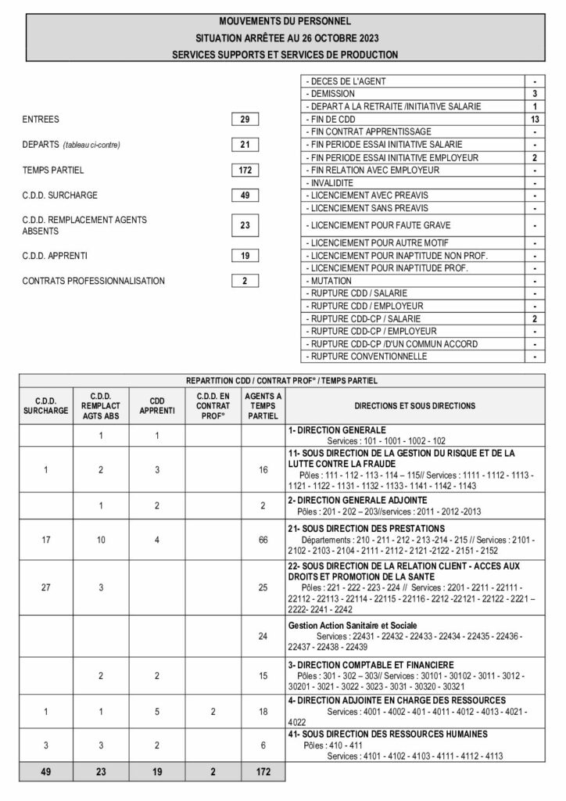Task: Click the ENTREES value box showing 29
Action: coord(245,120)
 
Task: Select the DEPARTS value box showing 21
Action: coord(245,145)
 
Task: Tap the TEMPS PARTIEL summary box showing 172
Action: coord(245,170)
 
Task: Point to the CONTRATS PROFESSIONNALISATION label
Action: coord(94,281)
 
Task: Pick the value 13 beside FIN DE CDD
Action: coord(535,119)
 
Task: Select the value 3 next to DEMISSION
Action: coord(535,93)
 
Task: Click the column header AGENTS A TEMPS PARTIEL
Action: coord(263,406)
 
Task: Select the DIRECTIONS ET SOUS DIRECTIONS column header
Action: coord(414,406)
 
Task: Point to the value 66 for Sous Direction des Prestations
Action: coord(263,540)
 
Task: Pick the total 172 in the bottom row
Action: coord(263,772)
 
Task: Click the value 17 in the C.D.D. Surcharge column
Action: coord(45,540)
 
